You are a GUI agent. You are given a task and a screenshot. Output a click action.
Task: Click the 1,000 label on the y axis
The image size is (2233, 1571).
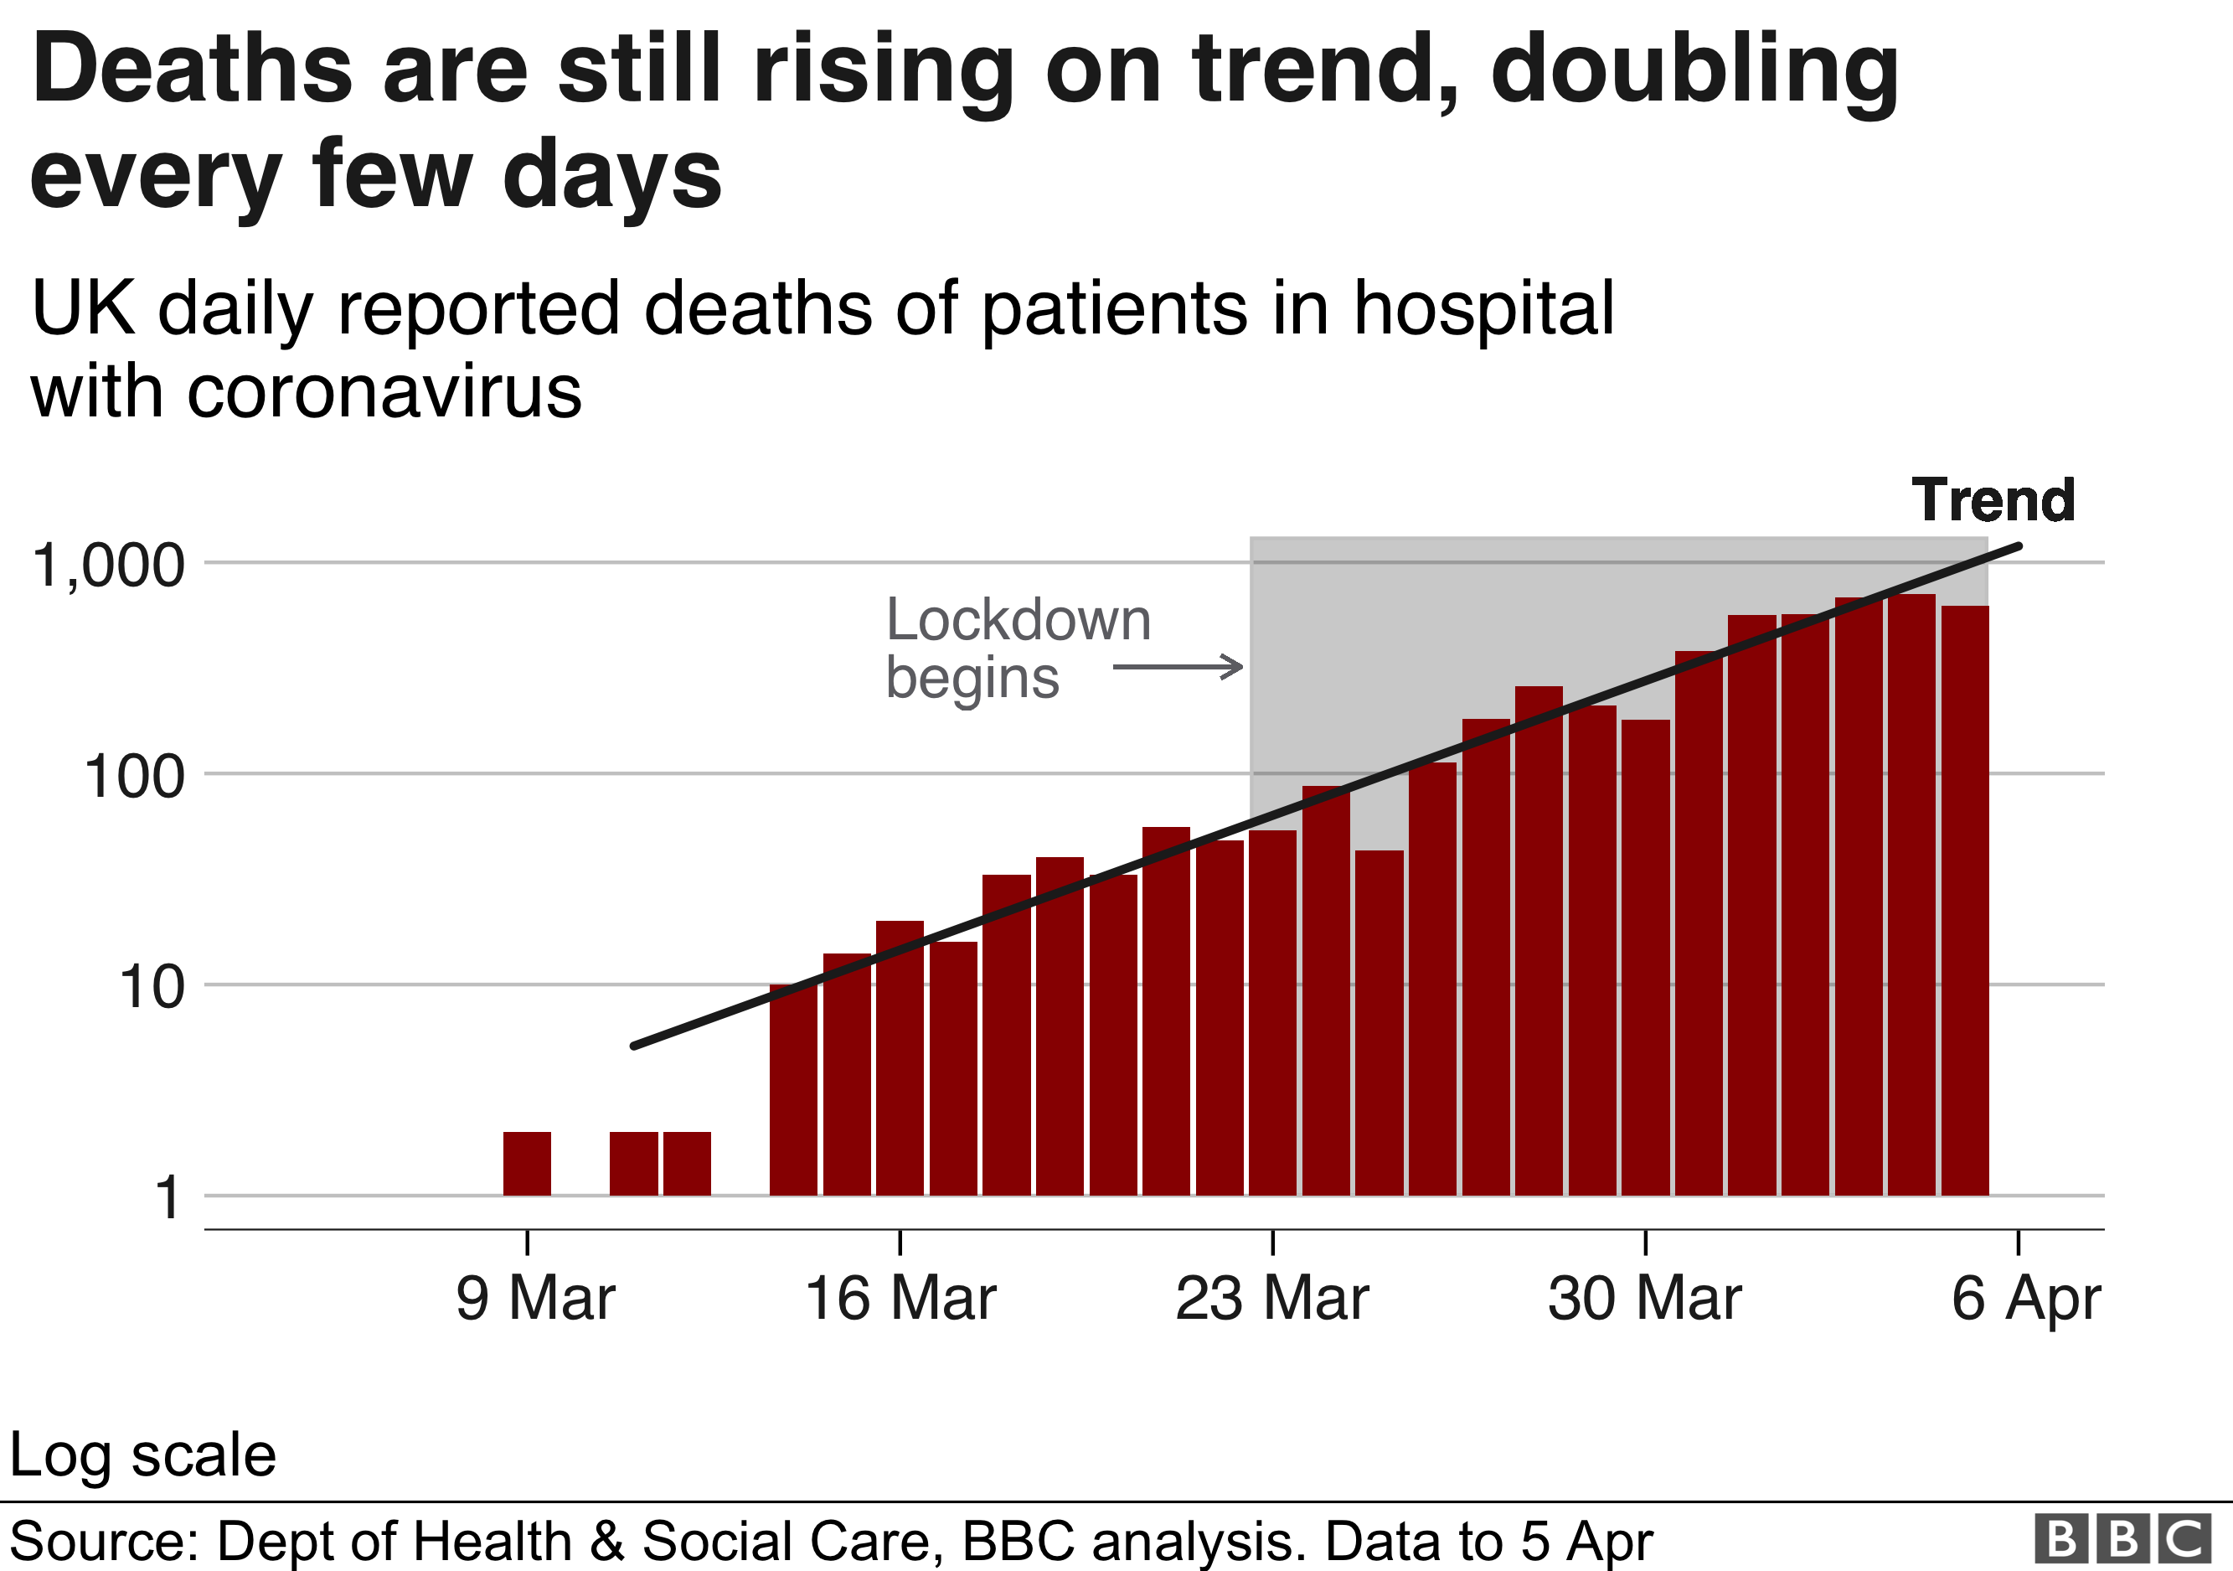108,566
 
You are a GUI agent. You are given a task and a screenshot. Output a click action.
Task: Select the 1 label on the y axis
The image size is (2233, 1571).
168,1197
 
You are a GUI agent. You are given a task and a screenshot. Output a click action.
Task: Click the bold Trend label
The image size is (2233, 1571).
1993,500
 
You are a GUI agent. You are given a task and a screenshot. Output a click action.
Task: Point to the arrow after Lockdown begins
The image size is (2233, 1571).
1178,667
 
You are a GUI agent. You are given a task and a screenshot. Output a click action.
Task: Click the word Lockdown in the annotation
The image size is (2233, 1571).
1019,620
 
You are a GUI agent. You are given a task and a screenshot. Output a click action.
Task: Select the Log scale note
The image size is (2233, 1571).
143,1455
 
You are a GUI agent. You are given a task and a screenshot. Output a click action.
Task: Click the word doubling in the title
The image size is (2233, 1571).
1694,70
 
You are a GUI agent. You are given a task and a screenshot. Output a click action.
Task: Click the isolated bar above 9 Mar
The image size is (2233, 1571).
527,1164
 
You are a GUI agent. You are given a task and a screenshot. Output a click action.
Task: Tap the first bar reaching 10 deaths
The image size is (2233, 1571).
793,1089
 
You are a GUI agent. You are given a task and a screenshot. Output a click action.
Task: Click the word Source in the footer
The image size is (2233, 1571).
103,1541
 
